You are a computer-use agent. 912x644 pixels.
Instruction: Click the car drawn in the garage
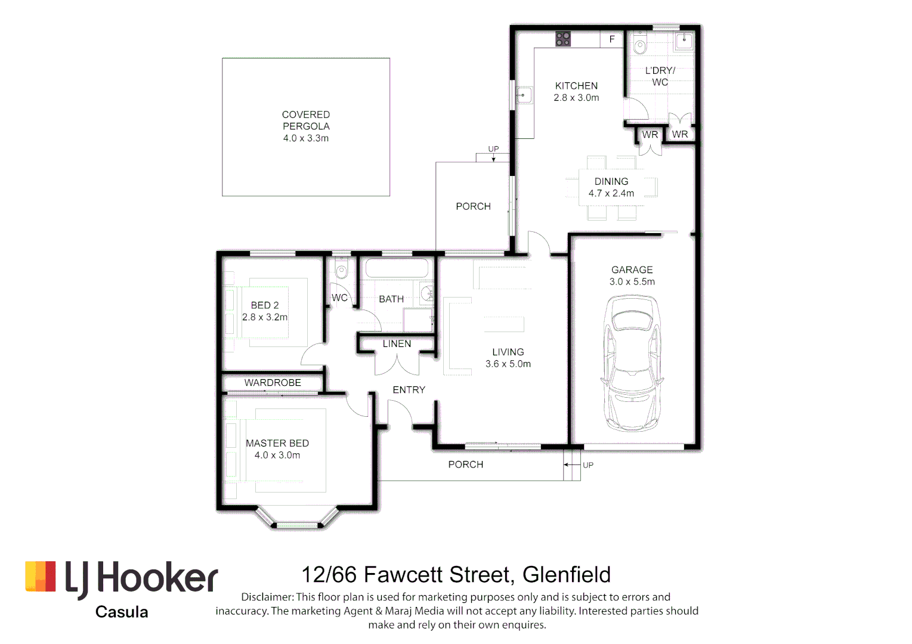tap(632, 363)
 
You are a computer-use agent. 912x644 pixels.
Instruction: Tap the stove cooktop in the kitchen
tap(563, 39)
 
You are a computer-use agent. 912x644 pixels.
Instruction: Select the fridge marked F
tap(612, 39)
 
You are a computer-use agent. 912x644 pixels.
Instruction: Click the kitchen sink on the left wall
tap(524, 95)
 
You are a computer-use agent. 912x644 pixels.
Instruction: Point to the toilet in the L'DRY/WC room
tap(640, 45)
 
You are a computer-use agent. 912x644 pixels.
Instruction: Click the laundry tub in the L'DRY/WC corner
tap(684, 41)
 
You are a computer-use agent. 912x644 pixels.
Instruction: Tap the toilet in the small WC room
tap(341, 271)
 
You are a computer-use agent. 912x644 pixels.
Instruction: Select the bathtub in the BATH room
tap(397, 268)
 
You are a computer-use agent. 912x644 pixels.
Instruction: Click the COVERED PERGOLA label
tap(306, 120)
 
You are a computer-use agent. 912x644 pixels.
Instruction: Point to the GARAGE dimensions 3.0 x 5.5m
tap(632, 281)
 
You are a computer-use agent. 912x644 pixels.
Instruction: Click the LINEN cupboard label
tap(397, 344)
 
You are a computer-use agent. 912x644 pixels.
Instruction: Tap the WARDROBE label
tap(273, 383)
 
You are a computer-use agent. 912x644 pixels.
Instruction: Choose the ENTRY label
tap(409, 390)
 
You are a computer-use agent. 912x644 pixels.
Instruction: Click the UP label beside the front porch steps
tap(588, 465)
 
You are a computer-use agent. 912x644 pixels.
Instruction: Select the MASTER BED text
tap(277, 443)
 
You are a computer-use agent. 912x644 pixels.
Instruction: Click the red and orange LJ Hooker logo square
tap(41, 577)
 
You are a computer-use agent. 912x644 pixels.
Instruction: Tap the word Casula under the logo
tap(122, 612)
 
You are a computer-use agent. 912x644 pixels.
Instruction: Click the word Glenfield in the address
tap(566, 575)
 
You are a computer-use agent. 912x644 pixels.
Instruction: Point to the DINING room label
tap(611, 181)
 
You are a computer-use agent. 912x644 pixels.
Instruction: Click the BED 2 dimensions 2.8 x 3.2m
tap(265, 317)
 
